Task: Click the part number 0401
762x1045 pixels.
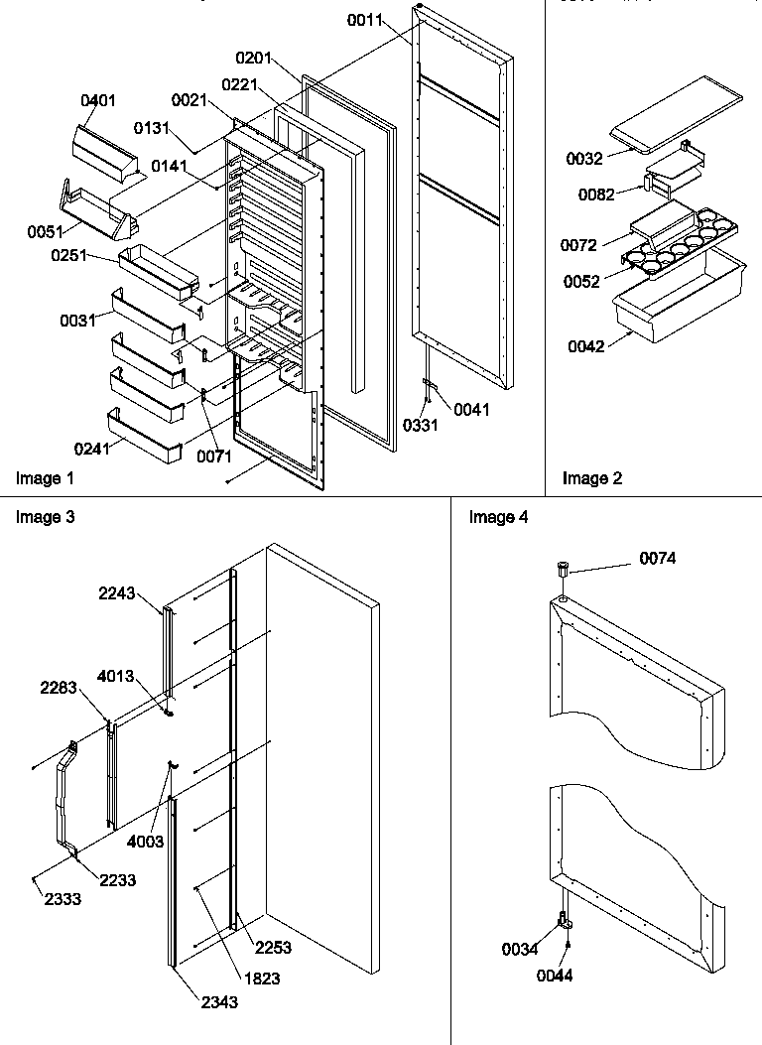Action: coord(97,100)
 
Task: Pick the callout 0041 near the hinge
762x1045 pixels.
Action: coord(472,409)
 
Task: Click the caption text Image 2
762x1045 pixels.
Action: coord(592,478)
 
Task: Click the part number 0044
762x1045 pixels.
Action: coord(556,976)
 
